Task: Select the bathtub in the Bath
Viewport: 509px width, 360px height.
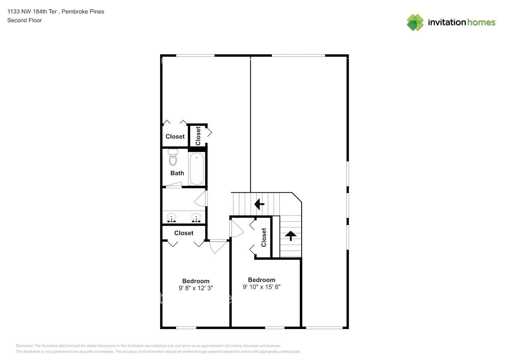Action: click(x=197, y=168)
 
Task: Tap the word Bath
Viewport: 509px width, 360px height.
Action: click(x=177, y=173)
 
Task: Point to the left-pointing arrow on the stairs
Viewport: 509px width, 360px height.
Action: click(x=259, y=204)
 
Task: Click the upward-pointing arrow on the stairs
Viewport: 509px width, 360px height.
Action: click(x=290, y=236)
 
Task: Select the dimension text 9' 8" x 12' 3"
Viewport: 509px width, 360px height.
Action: click(x=196, y=288)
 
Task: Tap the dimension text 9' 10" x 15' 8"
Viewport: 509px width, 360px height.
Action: click(x=261, y=287)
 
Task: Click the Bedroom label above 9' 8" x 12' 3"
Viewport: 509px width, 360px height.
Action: click(x=196, y=281)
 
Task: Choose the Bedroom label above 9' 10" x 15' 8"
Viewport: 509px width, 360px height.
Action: click(x=261, y=280)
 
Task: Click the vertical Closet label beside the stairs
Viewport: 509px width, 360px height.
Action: click(x=264, y=237)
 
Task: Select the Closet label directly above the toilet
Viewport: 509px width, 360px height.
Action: click(x=175, y=136)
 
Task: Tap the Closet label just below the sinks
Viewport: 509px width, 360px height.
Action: click(x=184, y=233)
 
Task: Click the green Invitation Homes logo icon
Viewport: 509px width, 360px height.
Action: click(x=415, y=22)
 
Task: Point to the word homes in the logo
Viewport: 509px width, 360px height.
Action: click(x=481, y=22)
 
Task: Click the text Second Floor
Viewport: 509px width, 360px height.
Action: click(x=24, y=20)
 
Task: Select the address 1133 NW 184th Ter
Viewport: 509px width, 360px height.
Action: click(x=32, y=12)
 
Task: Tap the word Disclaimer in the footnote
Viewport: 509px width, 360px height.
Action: click(x=24, y=346)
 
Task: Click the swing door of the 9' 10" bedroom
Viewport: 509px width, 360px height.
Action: click(x=237, y=229)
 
